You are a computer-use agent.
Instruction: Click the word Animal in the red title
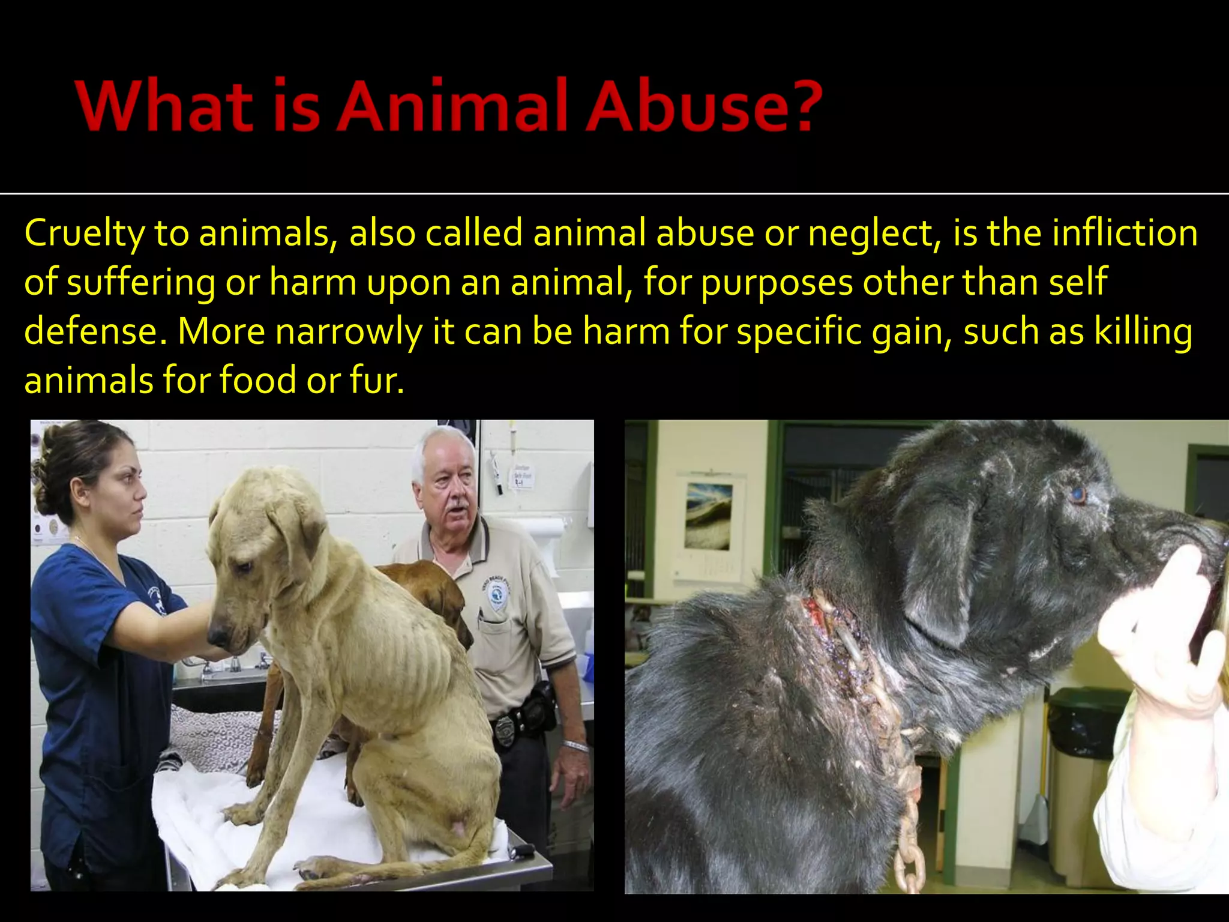(x=452, y=106)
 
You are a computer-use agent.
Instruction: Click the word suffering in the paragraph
(x=140, y=283)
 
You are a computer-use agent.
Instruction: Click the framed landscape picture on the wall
(x=709, y=517)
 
